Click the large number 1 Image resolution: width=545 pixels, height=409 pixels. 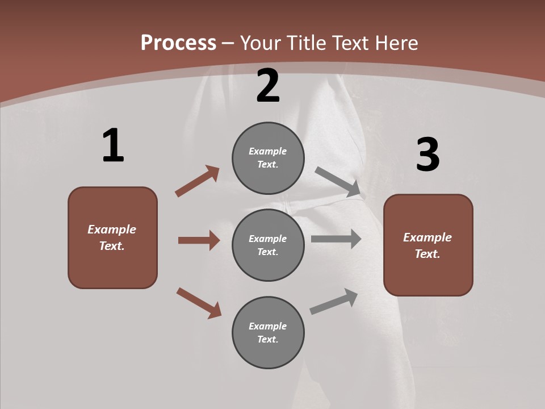tap(113, 145)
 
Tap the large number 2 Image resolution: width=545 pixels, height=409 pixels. tap(268, 86)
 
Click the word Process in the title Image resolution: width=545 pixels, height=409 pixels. tap(178, 43)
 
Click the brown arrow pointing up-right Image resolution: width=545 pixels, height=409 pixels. tap(198, 181)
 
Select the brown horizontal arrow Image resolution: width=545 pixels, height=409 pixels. tap(199, 240)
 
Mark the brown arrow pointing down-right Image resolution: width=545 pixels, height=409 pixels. tap(199, 303)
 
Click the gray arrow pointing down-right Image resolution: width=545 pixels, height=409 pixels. tap(338, 182)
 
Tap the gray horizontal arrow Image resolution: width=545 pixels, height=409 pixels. tap(336, 239)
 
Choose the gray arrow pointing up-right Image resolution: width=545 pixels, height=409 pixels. tap(334, 301)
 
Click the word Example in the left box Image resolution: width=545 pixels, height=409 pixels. tap(112, 229)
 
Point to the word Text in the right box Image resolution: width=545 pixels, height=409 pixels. tap(427, 254)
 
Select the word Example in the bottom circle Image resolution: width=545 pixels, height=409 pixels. tap(267, 326)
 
